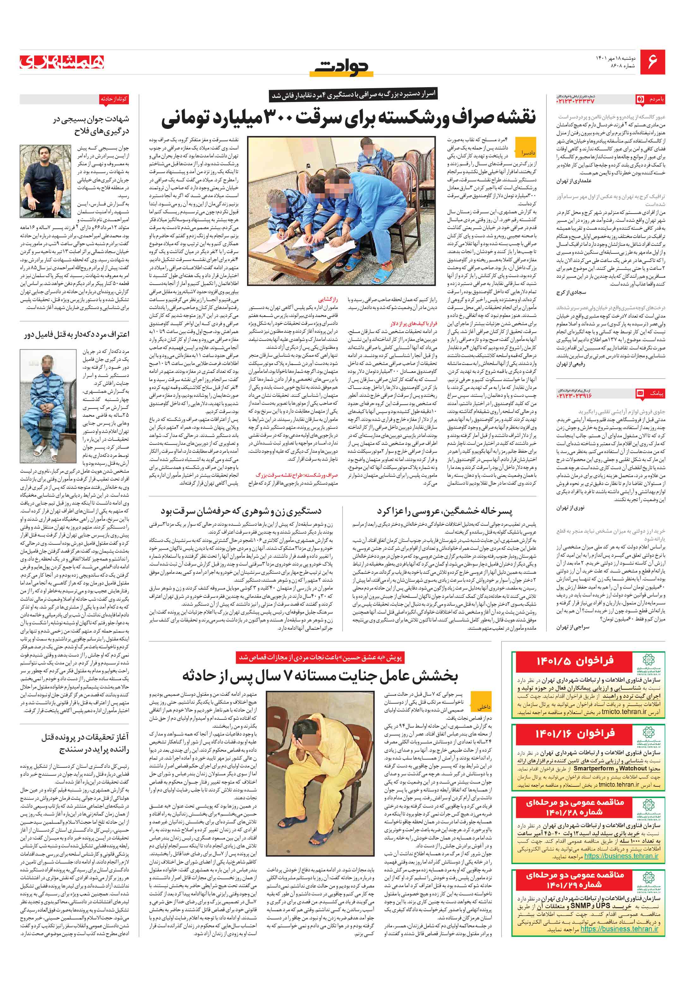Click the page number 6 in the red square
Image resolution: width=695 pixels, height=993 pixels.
652,62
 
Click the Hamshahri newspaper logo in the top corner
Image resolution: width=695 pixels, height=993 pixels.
62,62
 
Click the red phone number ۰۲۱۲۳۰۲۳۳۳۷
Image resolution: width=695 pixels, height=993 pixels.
575,101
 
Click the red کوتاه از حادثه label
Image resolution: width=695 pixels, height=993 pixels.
114,99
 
